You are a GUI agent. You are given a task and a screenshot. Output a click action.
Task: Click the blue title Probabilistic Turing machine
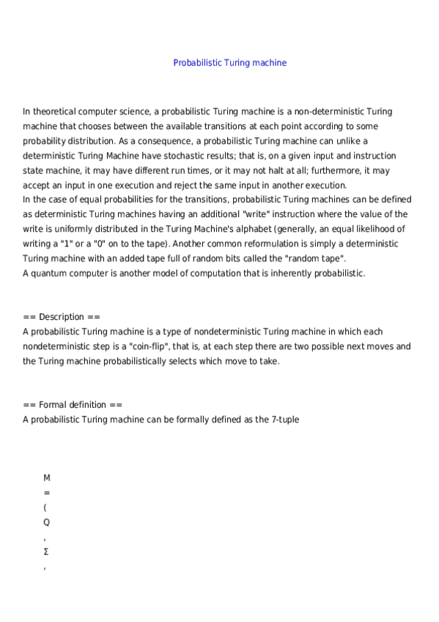tap(229, 62)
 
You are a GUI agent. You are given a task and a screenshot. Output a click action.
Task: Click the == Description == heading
tap(62, 317)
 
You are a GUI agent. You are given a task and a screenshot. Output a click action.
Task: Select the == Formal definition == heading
tap(73, 405)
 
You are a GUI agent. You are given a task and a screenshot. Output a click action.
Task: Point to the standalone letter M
tap(47, 478)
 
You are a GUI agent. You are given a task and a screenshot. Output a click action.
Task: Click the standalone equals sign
tap(47, 492)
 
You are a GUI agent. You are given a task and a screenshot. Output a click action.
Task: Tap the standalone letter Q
tap(47, 522)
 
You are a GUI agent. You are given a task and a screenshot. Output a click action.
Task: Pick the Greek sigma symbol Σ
tap(46, 552)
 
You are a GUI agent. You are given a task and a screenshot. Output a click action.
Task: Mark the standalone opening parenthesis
tap(45, 508)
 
